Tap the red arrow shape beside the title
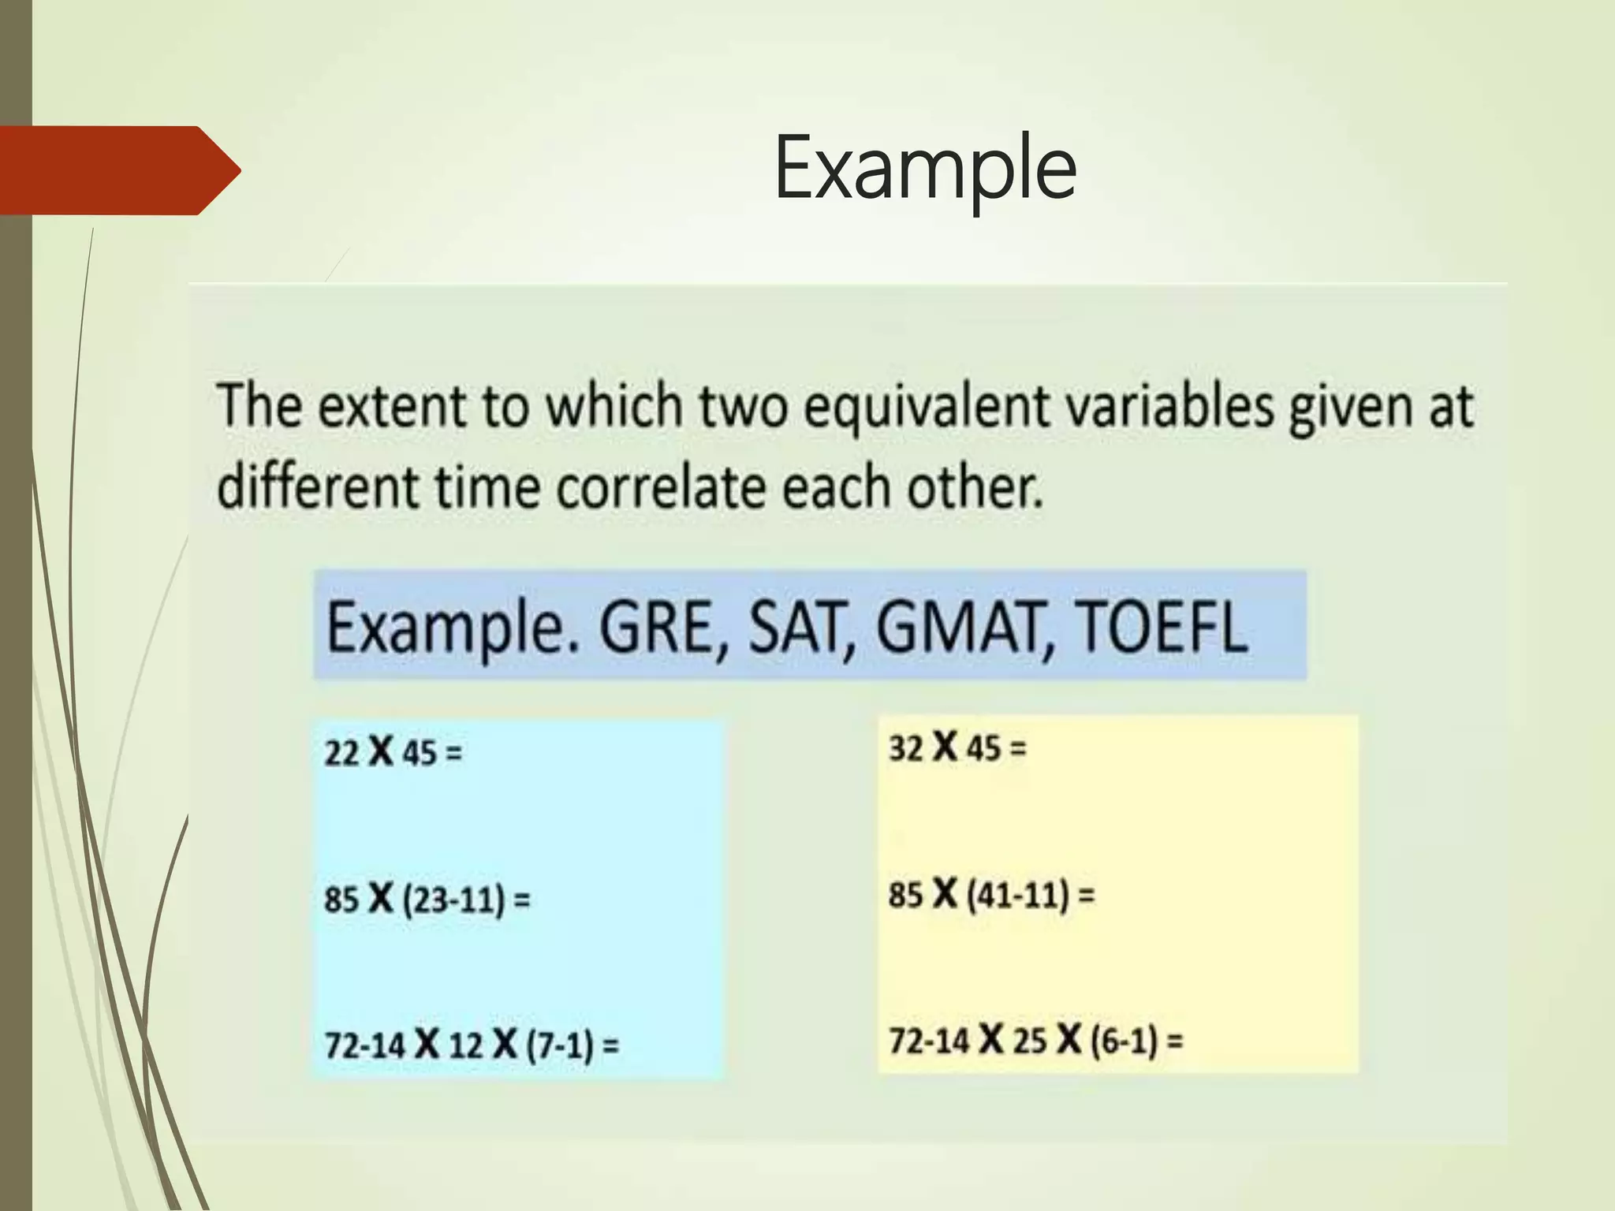point(118,170)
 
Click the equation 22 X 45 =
point(393,752)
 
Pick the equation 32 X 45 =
point(957,747)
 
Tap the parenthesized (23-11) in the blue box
point(453,900)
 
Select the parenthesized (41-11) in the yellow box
point(1018,895)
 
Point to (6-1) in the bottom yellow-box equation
point(1124,1041)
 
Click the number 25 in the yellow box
point(1029,1041)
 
